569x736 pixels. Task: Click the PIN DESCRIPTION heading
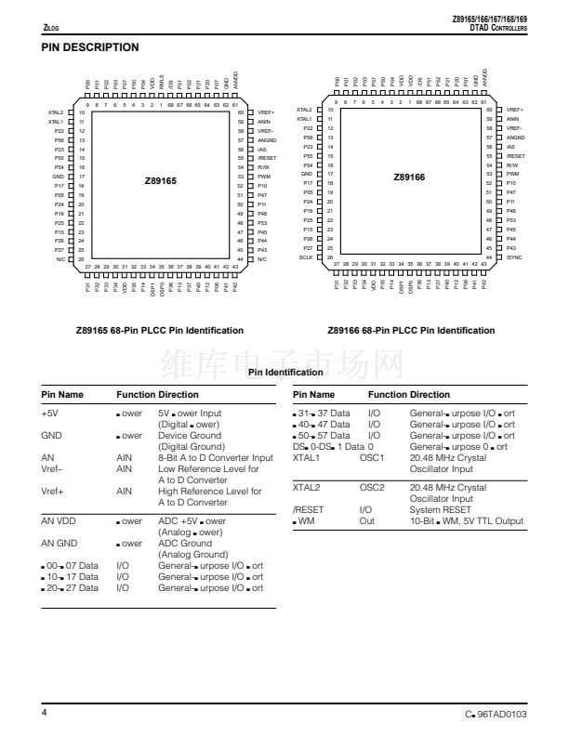pyautogui.click(x=90, y=47)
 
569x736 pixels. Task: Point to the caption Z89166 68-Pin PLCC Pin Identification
pyautogui.click(x=411, y=330)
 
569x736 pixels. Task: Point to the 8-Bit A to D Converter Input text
pyautogui.click(x=215, y=457)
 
